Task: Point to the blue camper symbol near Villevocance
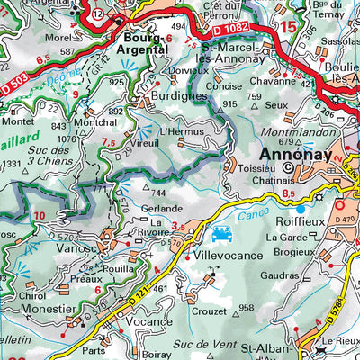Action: pos(220,236)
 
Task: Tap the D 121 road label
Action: pos(134,290)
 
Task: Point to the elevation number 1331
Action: pos(11,164)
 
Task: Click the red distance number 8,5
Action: pos(288,193)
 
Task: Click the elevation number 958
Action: pos(247,308)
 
